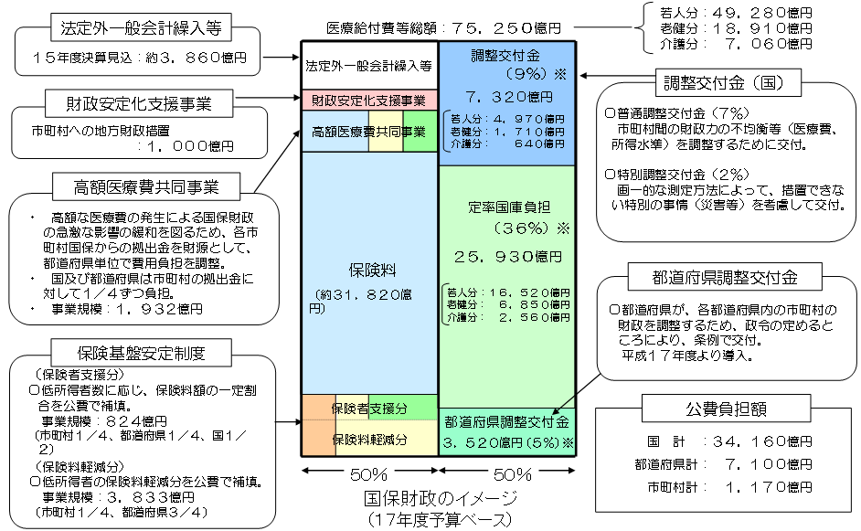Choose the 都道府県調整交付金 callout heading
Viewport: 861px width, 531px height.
(x=726, y=277)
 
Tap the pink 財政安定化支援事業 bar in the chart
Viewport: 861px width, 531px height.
(x=368, y=100)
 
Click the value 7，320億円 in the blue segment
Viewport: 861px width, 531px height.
(x=506, y=95)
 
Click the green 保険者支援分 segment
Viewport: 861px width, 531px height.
(x=370, y=408)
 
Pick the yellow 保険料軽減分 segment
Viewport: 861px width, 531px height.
(x=370, y=439)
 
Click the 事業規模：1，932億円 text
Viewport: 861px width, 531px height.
(x=123, y=310)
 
